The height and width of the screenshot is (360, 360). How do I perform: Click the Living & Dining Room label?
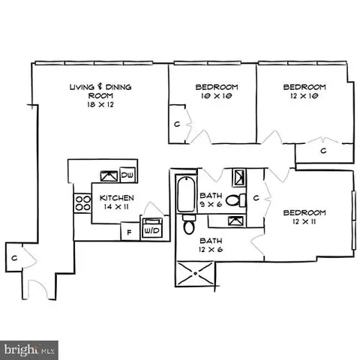point(100,91)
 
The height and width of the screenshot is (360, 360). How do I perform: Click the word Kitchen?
point(117,198)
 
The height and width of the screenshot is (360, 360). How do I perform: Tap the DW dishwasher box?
point(127,176)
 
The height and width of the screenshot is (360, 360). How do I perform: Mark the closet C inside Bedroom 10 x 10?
point(176,123)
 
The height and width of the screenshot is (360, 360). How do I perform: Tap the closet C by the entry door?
point(14,258)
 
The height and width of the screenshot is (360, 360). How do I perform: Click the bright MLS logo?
point(30,349)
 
